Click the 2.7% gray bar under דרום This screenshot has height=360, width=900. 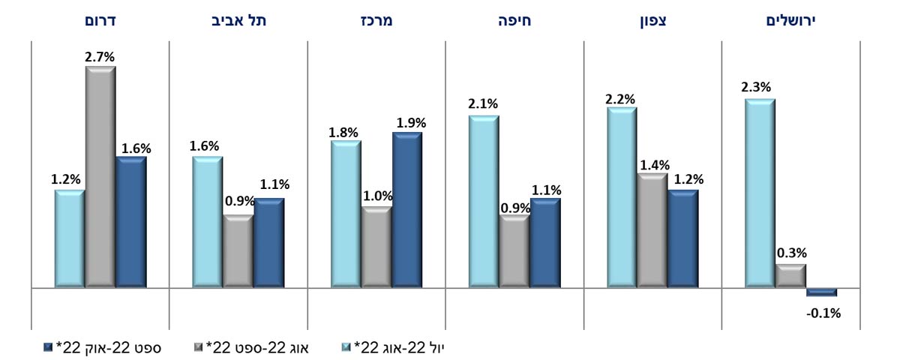tap(100, 177)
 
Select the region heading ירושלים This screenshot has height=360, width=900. tap(790, 21)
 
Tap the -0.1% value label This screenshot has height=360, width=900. tap(823, 313)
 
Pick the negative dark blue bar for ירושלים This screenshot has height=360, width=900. tap(822, 292)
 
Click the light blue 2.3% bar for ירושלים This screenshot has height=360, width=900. tap(760, 193)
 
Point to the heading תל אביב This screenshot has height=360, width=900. tap(238, 21)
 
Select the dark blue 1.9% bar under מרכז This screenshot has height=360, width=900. tap(407, 210)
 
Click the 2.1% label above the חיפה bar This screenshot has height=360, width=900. tap(483, 104)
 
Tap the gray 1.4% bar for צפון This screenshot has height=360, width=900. tap(652, 230)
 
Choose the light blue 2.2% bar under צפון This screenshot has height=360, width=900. tap(622, 197)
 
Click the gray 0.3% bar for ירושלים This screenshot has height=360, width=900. tap(790, 276)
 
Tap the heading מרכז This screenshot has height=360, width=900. tap(376, 21)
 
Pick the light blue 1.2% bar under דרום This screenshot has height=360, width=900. tap(70, 238)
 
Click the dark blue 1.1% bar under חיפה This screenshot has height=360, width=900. tap(545, 243)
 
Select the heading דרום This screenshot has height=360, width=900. tap(100, 21)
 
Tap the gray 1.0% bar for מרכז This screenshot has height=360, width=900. tap(376, 247)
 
